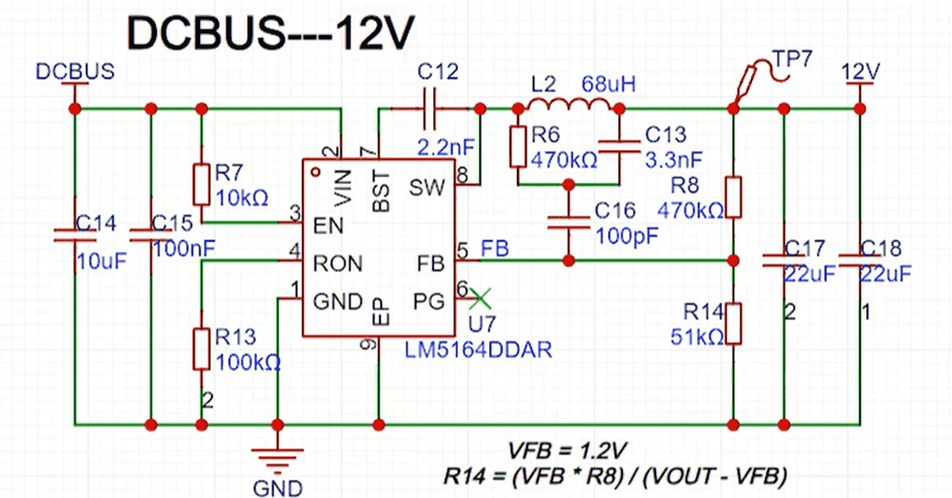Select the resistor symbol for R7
coord(201,184)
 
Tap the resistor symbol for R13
coord(201,349)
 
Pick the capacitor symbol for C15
coord(150,234)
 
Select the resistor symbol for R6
coord(518,146)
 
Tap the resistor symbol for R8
coord(733,195)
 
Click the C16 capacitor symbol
coord(568,222)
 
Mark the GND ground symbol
coord(276,458)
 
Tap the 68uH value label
coord(608,84)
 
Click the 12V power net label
coord(860,71)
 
